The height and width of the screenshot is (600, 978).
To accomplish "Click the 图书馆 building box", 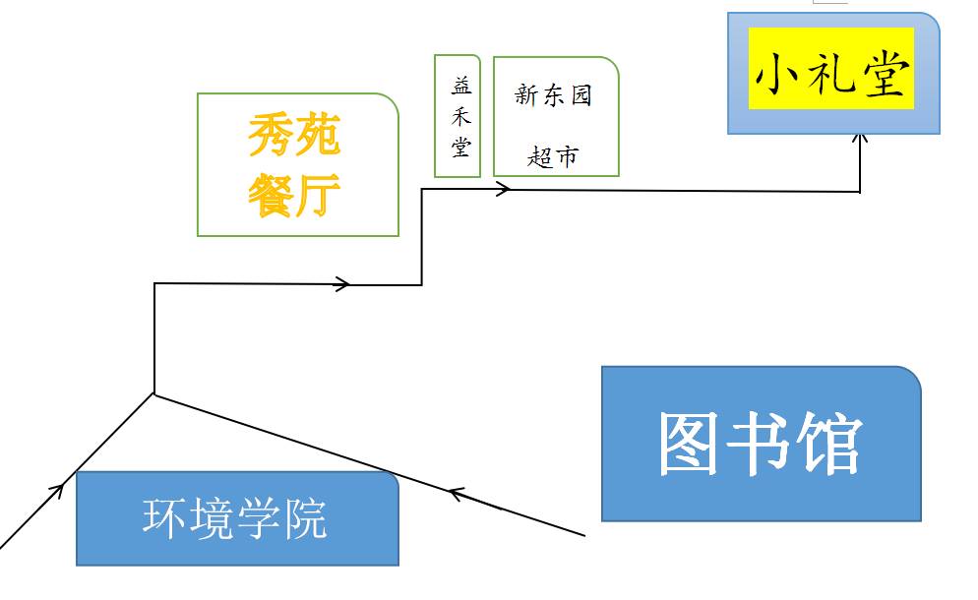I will [761, 444].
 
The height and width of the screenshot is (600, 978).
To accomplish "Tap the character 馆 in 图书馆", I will [829, 444].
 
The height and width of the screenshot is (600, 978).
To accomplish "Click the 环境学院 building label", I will [235, 518].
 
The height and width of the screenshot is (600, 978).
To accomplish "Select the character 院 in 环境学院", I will [305, 518].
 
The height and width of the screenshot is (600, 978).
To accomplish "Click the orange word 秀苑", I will [294, 134].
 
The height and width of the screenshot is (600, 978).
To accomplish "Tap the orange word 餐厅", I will [294, 195].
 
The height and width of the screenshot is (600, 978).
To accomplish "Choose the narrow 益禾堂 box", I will [458, 116].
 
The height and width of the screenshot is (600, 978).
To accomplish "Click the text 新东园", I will [554, 96].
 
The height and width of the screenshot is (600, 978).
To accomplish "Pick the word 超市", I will [553, 155].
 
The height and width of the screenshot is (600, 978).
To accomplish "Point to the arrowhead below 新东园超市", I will [503, 190].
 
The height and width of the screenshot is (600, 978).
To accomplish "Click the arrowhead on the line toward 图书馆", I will [457, 492].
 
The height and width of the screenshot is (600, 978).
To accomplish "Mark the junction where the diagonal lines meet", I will [154, 393].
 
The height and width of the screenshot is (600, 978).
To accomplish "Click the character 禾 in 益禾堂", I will [459, 116].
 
